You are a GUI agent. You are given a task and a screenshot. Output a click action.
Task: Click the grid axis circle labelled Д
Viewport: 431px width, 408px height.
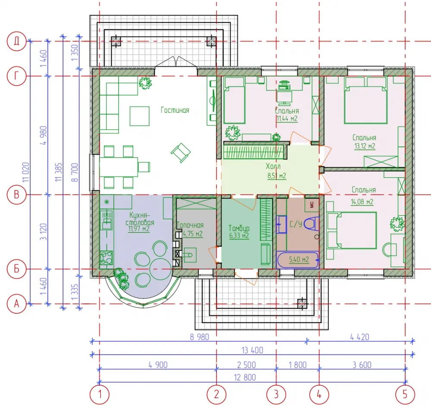click(x=16, y=41)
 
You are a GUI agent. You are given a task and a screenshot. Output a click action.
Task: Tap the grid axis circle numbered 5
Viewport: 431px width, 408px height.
click(x=405, y=395)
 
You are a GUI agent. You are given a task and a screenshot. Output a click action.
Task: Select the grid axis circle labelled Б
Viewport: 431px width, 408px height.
click(x=16, y=269)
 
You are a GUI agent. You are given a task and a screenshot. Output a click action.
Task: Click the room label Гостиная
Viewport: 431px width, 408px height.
click(x=175, y=110)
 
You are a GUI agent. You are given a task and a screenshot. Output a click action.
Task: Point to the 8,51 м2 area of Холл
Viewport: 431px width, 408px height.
click(x=277, y=176)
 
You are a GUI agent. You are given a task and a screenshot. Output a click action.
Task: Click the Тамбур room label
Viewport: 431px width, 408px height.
click(x=239, y=228)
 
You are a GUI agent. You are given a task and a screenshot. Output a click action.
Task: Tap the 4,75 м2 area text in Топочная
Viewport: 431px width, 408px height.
click(x=193, y=234)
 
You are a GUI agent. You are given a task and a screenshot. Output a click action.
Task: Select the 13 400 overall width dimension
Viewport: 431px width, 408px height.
click(x=252, y=350)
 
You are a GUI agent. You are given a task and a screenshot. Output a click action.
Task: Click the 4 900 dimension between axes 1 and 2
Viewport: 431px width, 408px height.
click(x=158, y=365)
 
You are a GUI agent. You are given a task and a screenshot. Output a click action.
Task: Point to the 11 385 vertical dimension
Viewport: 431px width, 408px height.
click(x=59, y=172)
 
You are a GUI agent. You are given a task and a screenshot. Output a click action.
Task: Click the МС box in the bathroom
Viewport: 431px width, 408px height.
click(x=312, y=204)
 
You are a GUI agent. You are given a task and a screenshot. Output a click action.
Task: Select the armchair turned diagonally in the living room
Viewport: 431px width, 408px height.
click(x=181, y=153)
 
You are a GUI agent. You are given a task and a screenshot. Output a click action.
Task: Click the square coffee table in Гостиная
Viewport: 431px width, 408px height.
click(x=140, y=116)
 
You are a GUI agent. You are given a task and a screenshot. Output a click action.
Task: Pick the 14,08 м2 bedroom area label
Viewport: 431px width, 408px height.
click(x=362, y=202)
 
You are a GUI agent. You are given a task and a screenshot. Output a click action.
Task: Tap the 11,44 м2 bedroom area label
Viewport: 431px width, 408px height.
click(x=287, y=119)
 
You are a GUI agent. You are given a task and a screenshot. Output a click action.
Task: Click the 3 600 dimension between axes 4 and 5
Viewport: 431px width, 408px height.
click(x=362, y=365)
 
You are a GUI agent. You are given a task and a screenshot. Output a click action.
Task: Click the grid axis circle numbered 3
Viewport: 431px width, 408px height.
click(x=276, y=395)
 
